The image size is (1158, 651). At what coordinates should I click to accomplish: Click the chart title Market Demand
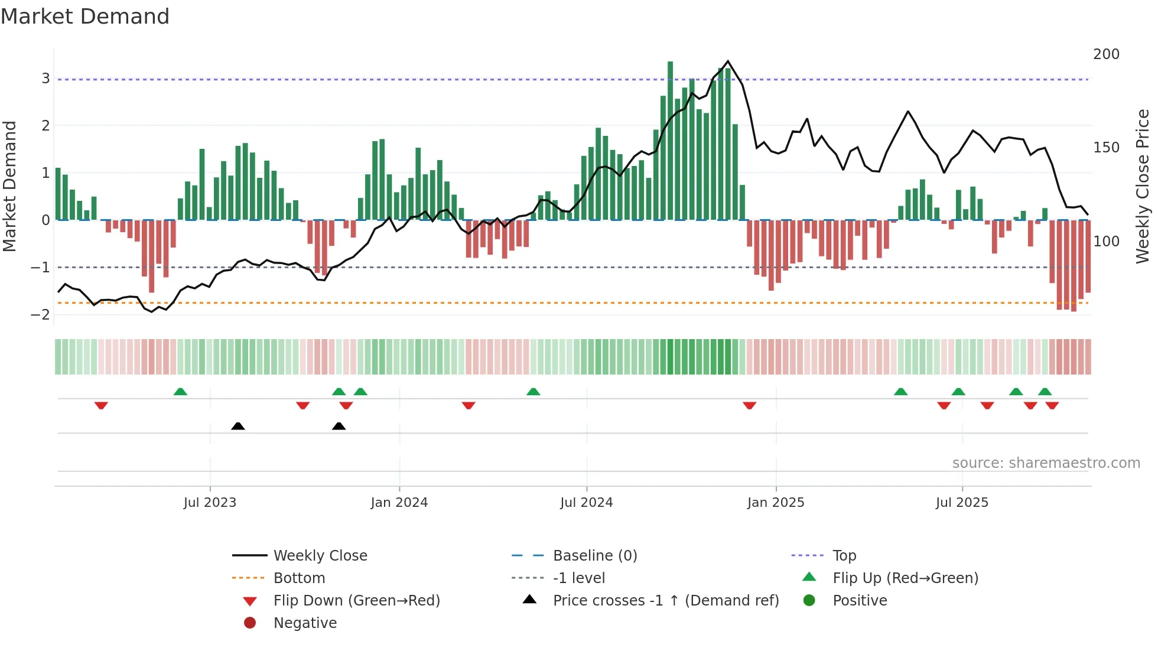[85, 17]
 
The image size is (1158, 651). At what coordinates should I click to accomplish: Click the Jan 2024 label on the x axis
[399, 503]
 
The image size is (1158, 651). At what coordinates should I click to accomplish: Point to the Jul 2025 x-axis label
[962, 503]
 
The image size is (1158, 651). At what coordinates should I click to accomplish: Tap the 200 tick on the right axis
[1106, 54]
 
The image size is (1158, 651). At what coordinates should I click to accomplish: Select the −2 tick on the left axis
[41, 314]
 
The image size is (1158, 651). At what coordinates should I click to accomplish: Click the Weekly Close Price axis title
[1143, 186]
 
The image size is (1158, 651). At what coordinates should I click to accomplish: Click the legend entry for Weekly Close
[320, 556]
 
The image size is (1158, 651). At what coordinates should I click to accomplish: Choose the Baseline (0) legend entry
[594, 556]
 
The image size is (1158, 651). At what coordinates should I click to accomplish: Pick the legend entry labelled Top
[844, 556]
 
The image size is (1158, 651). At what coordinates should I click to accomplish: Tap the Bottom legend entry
[299, 578]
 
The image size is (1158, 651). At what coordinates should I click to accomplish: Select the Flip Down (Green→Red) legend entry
[356, 601]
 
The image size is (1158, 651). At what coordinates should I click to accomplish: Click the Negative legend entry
[305, 623]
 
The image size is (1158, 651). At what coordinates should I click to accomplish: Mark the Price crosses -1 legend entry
[665, 601]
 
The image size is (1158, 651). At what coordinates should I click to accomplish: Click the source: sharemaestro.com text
[1046, 463]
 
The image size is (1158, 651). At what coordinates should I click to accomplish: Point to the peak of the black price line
[728, 61]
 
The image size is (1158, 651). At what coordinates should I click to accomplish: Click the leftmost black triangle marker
[238, 426]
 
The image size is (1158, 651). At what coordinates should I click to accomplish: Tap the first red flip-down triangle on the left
[101, 405]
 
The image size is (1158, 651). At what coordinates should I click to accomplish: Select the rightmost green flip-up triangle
[1045, 392]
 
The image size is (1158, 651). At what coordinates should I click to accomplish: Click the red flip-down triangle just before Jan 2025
[749, 405]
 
